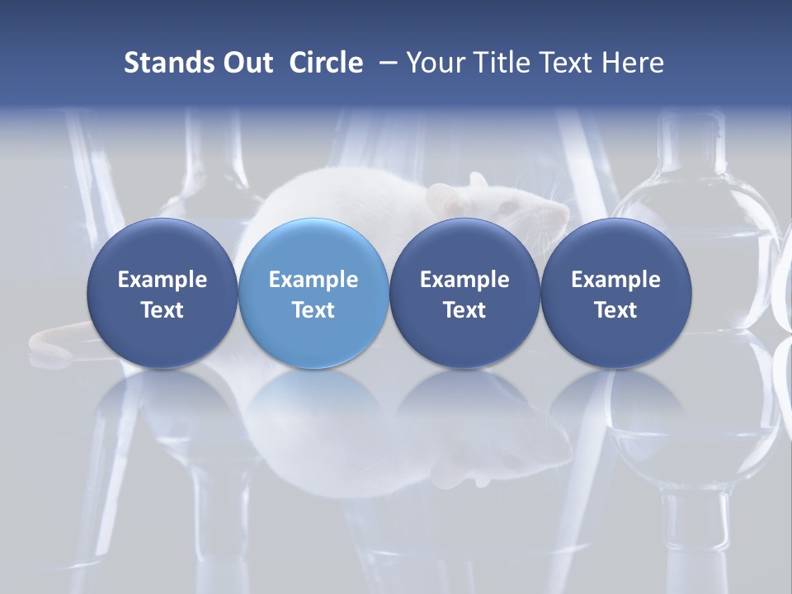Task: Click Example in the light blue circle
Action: coord(313,280)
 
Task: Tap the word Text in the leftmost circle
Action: coord(163,310)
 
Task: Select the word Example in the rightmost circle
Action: coord(615,280)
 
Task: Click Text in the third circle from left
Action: coord(464,310)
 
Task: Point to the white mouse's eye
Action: coord(514,204)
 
